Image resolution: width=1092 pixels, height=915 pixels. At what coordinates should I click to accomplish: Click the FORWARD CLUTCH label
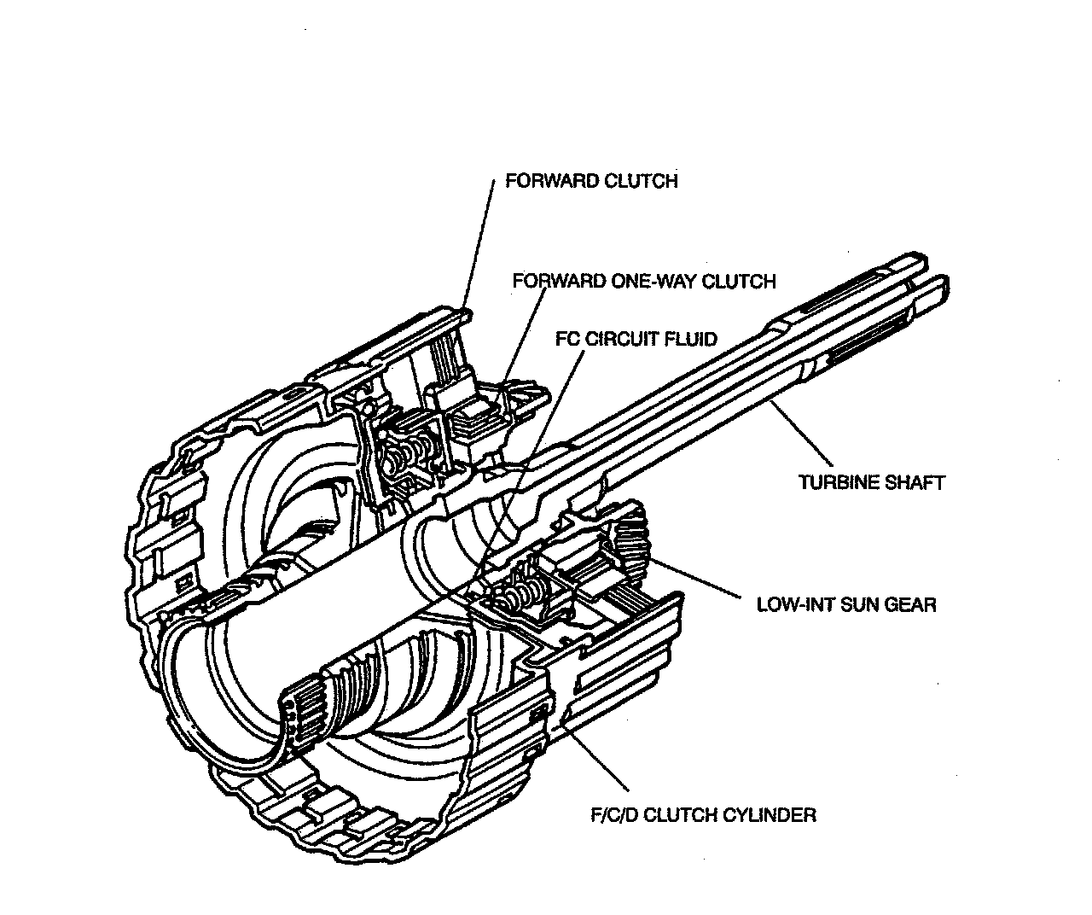point(591,181)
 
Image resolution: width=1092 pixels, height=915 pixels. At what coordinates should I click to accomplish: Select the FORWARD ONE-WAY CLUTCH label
point(644,281)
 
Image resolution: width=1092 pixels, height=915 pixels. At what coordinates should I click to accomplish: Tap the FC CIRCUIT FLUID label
point(636,339)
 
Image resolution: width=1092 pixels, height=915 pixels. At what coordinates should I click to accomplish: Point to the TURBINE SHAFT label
point(871,482)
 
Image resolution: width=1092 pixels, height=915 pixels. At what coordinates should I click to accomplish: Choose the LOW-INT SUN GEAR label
point(846,604)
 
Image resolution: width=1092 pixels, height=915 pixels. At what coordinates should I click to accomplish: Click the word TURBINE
point(839,482)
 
